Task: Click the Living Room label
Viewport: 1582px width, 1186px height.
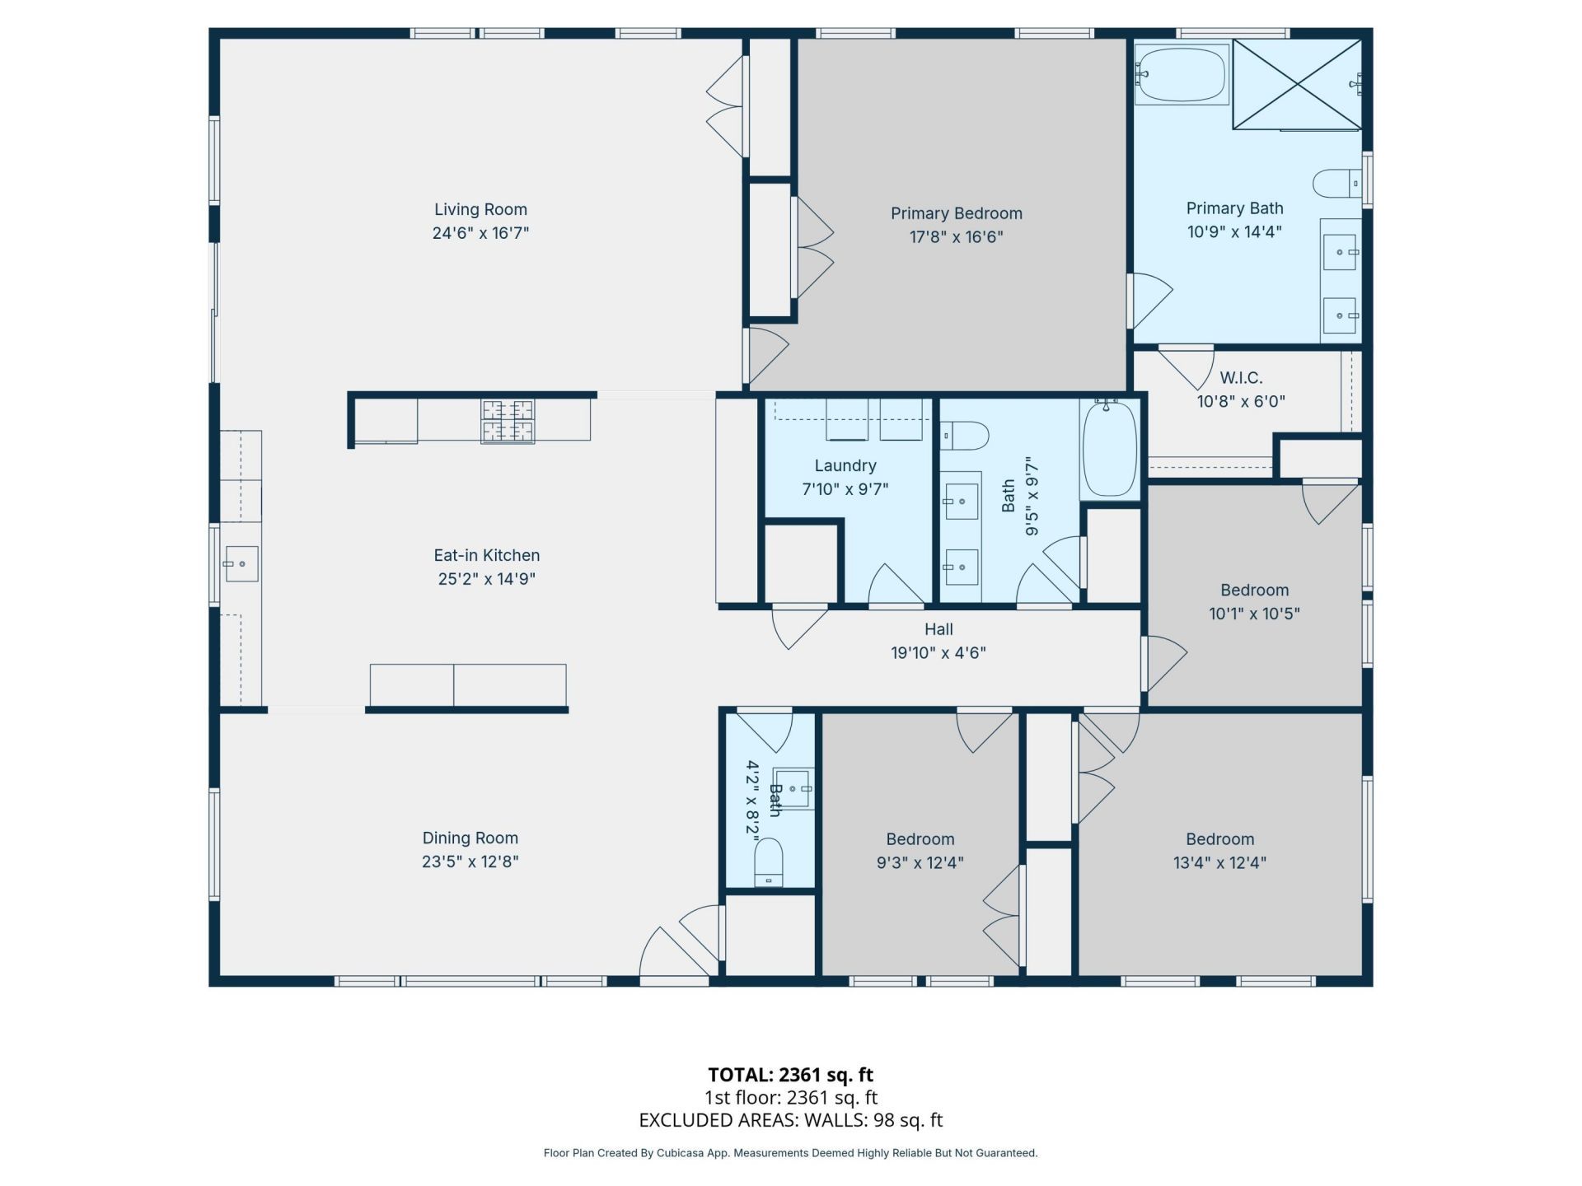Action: point(480,210)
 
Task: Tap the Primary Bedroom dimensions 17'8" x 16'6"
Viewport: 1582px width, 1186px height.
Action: point(956,237)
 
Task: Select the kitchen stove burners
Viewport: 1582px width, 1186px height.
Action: point(508,421)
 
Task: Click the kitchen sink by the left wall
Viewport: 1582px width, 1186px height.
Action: point(241,564)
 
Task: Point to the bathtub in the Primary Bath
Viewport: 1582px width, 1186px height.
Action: point(1182,74)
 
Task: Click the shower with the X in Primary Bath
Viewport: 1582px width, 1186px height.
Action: point(1297,84)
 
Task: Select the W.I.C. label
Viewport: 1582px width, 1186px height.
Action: point(1241,378)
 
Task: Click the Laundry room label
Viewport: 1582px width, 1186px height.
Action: point(845,466)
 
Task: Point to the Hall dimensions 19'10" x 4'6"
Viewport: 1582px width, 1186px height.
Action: point(938,653)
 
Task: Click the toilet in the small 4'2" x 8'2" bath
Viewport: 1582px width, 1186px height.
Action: point(769,861)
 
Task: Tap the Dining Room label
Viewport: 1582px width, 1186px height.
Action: point(470,838)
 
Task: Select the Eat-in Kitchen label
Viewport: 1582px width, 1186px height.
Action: point(487,556)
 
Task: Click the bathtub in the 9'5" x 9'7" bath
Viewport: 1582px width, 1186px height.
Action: point(1110,449)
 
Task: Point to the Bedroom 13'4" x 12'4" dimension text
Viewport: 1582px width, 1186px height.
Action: point(1219,863)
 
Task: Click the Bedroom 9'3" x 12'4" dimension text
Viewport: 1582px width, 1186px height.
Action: point(920,863)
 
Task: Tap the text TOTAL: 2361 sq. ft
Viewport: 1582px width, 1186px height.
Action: point(791,1075)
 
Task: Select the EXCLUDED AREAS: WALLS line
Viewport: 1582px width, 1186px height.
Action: point(791,1120)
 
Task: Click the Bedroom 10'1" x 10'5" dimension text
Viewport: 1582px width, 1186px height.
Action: point(1254,614)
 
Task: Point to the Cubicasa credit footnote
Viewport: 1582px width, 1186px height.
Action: point(791,1153)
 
